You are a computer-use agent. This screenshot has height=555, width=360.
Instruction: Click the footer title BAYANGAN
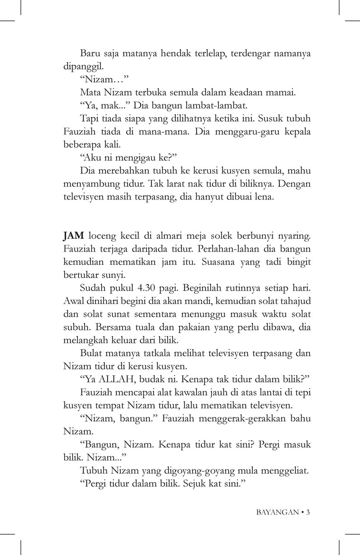(277, 512)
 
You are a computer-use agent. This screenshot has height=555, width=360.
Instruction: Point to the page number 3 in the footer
(308, 512)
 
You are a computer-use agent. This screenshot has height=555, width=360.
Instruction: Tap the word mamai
(283, 92)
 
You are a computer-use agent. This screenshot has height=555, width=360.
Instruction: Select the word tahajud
(291, 300)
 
